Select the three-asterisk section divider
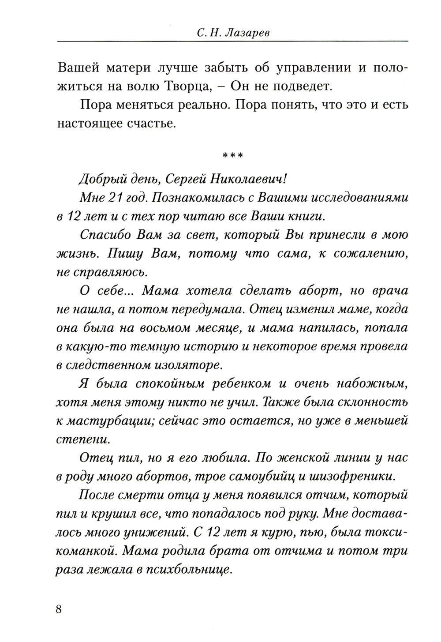233,156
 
